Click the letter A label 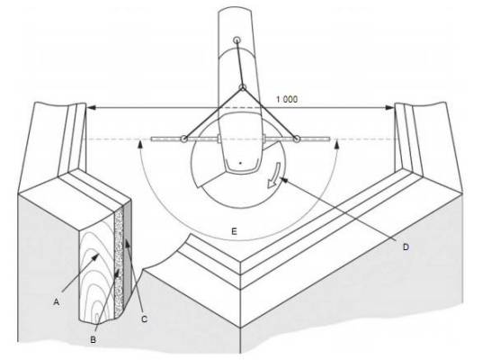coord(57,301)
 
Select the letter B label coord(93,339)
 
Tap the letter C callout coord(144,319)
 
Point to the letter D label coord(406,247)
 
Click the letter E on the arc coord(234,231)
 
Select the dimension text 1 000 coord(287,99)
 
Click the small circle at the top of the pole coord(237,40)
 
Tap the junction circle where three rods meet coord(243,87)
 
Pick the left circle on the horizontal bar coord(183,139)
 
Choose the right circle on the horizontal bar coord(297,139)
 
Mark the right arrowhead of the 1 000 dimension coord(389,108)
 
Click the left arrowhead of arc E coord(140,144)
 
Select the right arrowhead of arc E coord(337,144)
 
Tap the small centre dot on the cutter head coord(241,163)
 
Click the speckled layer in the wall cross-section coord(119,262)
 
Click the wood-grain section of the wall coord(97,271)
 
